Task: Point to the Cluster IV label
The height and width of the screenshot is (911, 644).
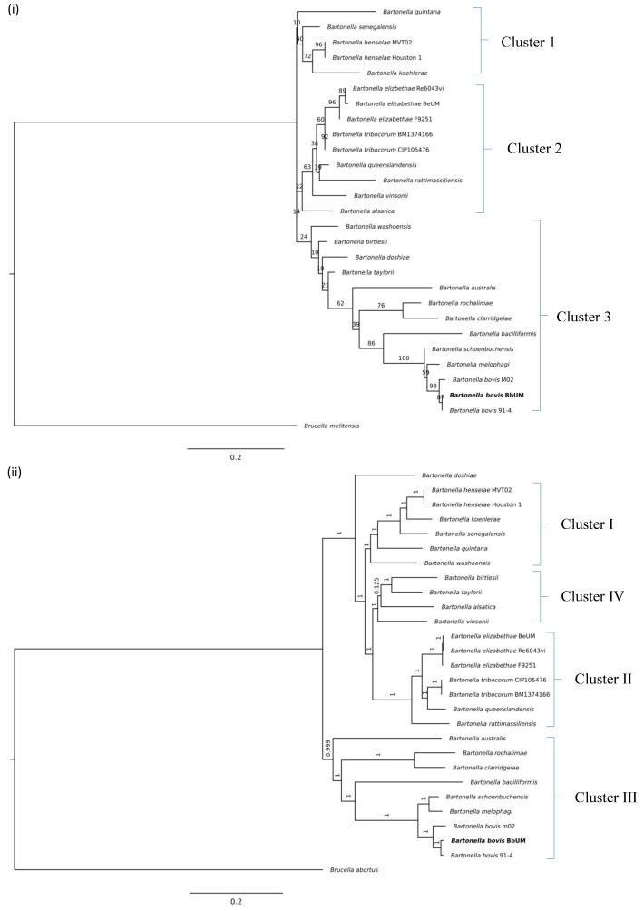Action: click(x=582, y=596)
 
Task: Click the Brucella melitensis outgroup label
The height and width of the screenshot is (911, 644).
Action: click(x=336, y=425)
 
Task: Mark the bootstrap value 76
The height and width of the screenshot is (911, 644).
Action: click(x=381, y=306)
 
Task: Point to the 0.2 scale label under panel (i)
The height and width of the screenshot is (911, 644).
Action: click(x=235, y=457)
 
